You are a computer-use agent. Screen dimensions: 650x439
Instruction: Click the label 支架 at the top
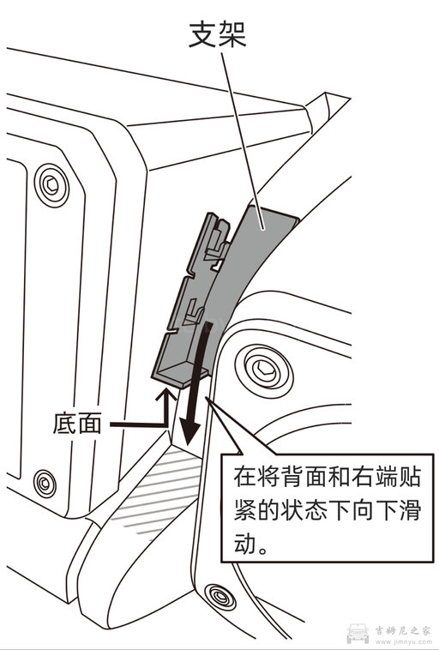coord(217,34)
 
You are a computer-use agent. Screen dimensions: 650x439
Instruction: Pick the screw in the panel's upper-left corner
coord(53,183)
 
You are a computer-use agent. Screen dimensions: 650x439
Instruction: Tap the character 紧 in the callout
coord(243,510)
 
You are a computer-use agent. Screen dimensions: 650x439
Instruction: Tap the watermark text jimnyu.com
coord(404,641)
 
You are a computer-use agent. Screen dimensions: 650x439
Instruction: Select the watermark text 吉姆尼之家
coord(404,629)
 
